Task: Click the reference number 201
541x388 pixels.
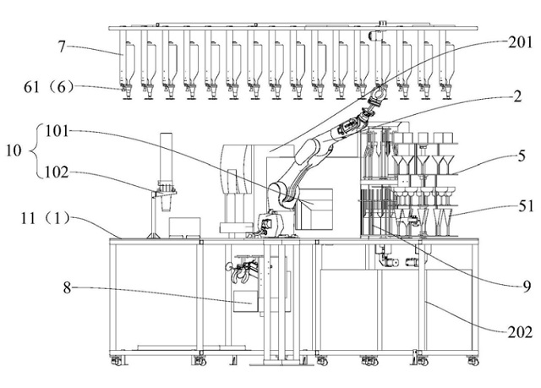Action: pyautogui.click(x=520, y=43)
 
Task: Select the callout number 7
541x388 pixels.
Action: pyautogui.click(x=62, y=46)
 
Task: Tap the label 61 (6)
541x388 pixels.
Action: pyautogui.click(x=49, y=87)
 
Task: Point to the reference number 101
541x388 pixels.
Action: pyautogui.click(x=57, y=131)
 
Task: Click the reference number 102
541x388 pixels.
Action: pyautogui.click(x=57, y=172)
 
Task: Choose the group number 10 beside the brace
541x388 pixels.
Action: pyautogui.click(x=14, y=150)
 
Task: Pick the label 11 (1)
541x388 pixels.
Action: pyautogui.click(x=46, y=218)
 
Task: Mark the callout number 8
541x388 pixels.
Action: pyautogui.click(x=68, y=287)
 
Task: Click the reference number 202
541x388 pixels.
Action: pyautogui.click(x=520, y=332)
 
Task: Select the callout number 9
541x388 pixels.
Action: pyautogui.click(x=527, y=287)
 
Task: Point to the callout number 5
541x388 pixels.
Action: pyautogui.click(x=522, y=156)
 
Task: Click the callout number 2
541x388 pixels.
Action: pyautogui.click(x=517, y=97)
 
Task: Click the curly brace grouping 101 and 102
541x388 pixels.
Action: pyautogui.click(x=32, y=151)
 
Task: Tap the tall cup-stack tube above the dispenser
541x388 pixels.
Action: pyautogui.click(x=167, y=159)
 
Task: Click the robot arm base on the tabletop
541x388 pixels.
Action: pyautogui.click(x=271, y=225)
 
